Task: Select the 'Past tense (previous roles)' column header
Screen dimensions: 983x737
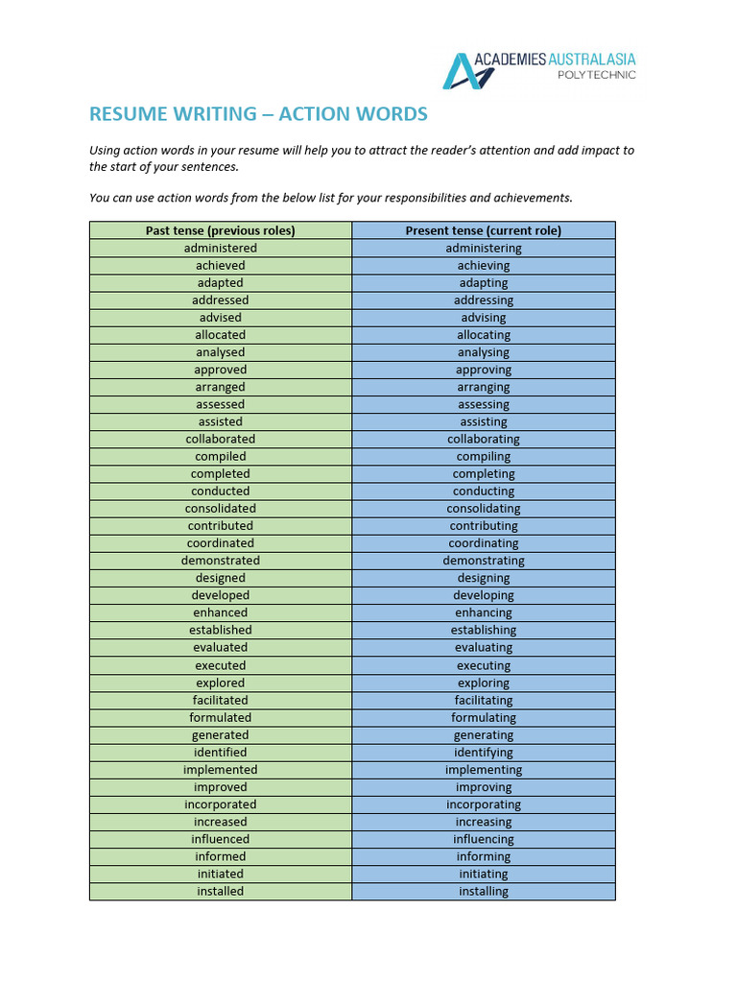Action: coord(220,230)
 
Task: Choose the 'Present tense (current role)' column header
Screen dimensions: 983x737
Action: coord(484,230)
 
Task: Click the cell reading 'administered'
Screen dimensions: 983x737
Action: coord(220,248)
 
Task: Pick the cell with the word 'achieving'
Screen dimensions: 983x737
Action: coord(484,265)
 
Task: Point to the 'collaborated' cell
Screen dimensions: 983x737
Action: coord(220,439)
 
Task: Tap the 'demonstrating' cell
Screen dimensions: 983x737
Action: coord(484,561)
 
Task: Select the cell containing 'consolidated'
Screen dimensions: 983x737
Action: coord(220,509)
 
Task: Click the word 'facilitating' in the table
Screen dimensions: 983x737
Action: coord(484,700)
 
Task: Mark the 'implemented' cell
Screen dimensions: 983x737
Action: coord(220,770)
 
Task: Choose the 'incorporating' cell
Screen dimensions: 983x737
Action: coord(484,804)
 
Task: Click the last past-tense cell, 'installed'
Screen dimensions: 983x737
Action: coord(220,891)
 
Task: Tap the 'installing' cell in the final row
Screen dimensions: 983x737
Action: coord(484,891)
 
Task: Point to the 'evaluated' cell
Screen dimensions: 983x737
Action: coord(220,648)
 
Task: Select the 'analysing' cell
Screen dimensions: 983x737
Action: coord(484,352)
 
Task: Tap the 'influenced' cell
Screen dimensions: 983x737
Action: coord(220,839)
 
